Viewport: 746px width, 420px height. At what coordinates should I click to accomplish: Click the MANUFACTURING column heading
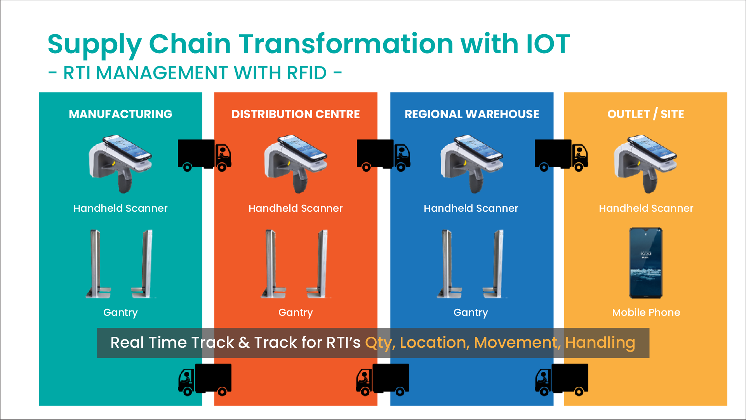coord(120,114)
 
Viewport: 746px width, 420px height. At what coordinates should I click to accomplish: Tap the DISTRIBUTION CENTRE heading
coord(296,114)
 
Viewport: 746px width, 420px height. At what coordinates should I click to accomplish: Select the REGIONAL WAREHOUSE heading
coord(472,114)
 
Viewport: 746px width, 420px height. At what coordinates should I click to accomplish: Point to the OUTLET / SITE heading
coord(646,114)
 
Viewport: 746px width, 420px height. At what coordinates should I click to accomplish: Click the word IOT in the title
coord(548,44)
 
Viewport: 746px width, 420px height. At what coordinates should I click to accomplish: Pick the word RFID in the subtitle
coord(307,73)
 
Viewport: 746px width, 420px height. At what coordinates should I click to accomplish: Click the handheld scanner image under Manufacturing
coord(120,164)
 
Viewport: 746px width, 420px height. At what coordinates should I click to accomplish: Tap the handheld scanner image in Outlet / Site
coord(645,164)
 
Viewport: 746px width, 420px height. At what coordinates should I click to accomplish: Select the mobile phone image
coord(646,263)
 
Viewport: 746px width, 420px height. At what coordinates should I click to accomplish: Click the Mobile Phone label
coord(646,312)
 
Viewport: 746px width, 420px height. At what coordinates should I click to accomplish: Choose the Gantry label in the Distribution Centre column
coord(296,313)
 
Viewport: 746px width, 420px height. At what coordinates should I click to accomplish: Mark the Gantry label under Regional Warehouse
coord(471,313)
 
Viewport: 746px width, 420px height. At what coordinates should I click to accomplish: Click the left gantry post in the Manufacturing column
coord(97,264)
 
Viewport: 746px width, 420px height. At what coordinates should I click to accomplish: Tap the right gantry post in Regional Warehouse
coord(496,264)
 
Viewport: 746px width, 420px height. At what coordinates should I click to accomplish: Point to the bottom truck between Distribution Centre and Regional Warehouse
coord(383,380)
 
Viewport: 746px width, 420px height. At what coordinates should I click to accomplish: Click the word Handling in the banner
coord(600,343)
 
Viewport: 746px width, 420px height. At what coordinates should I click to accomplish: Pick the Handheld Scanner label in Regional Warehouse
coord(471,208)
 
